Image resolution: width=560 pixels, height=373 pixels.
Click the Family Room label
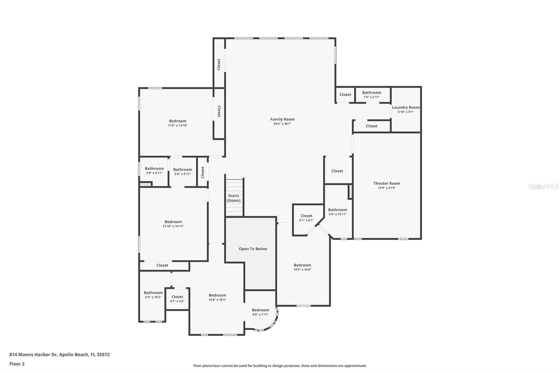pos(282,119)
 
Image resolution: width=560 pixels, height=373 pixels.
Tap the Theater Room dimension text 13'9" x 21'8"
pos(387,188)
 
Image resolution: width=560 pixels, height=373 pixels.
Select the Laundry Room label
pos(406,107)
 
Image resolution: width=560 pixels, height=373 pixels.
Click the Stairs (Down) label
pos(233,198)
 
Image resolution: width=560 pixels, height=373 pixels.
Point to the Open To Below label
pos(253,249)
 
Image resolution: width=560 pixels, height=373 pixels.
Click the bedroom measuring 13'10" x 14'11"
pos(173,224)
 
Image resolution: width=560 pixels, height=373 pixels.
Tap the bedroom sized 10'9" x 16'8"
pos(302,267)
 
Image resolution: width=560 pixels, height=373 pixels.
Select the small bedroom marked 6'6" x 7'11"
pos(260,312)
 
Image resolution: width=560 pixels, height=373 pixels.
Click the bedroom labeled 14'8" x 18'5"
pos(217,297)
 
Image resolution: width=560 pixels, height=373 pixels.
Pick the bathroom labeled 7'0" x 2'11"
pos(371,94)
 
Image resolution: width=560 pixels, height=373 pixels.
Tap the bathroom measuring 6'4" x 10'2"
pos(153,295)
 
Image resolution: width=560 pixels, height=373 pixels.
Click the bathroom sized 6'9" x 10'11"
pos(337,212)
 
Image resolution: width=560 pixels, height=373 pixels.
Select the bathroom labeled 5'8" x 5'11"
pos(154,170)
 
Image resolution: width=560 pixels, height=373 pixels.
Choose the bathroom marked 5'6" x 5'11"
pos(182,171)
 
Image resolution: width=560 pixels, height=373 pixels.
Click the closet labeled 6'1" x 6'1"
pos(307,218)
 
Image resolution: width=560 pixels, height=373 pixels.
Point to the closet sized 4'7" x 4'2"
pos(177,299)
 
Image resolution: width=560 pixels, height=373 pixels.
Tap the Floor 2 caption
pos(17,364)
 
